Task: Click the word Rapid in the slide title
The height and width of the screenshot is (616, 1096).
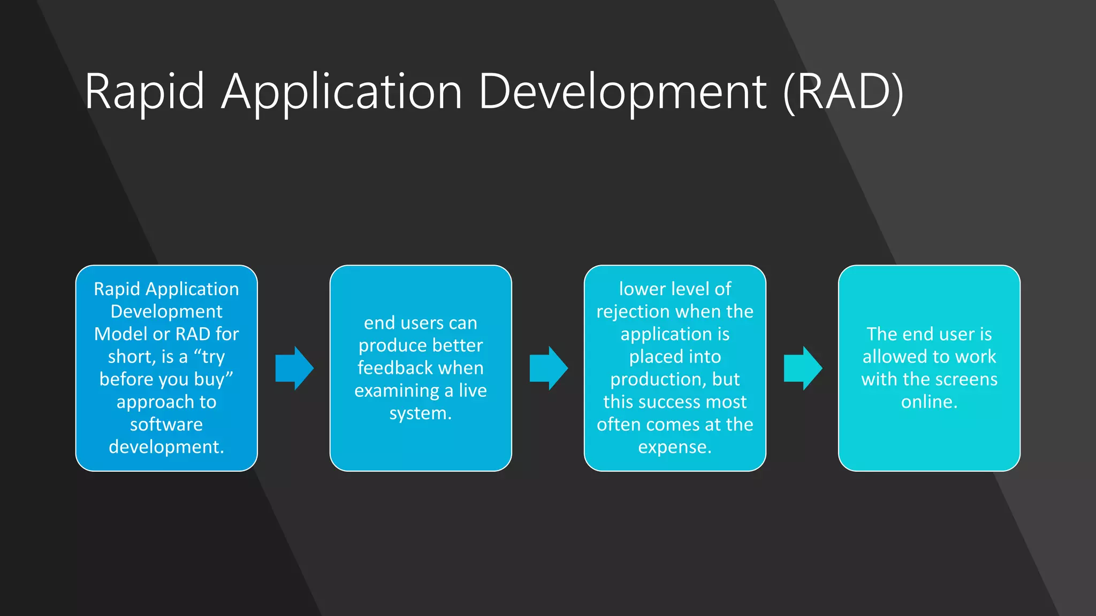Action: pyautogui.click(x=144, y=92)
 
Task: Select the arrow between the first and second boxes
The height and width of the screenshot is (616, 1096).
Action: pyautogui.click(x=294, y=368)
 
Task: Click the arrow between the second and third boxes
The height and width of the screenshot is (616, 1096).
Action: pyautogui.click(x=548, y=368)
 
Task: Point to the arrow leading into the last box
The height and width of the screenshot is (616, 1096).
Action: pyautogui.click(x=802, y=368)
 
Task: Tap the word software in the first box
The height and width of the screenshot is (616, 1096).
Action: pyautogui.click(x=166, y=425)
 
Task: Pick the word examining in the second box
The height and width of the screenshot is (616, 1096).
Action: pyautogui.click(x=397, y=391)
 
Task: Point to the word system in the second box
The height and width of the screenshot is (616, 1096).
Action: pyautogui.click(x=418, y=413)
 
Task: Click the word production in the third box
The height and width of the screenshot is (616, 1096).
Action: pyautogui.click(x=658, y=379)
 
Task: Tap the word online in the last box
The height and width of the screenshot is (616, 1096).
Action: pyautogui.click(x=927, y=402)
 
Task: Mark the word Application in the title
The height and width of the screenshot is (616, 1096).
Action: pyautogui.click(x=341, y=92)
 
